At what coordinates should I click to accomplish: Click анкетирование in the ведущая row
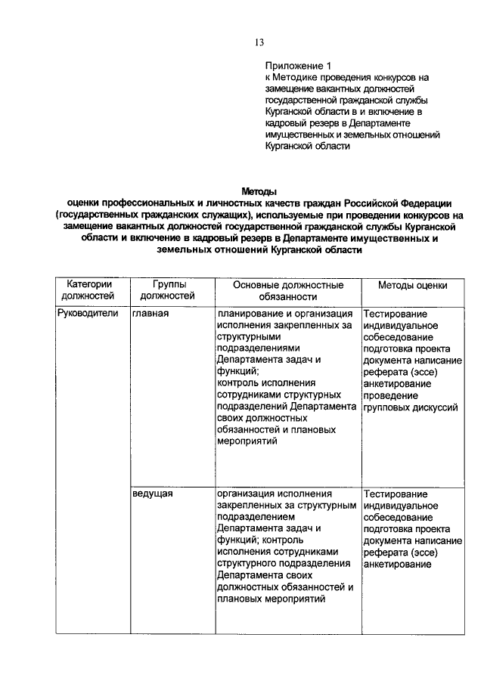[398, 563]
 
